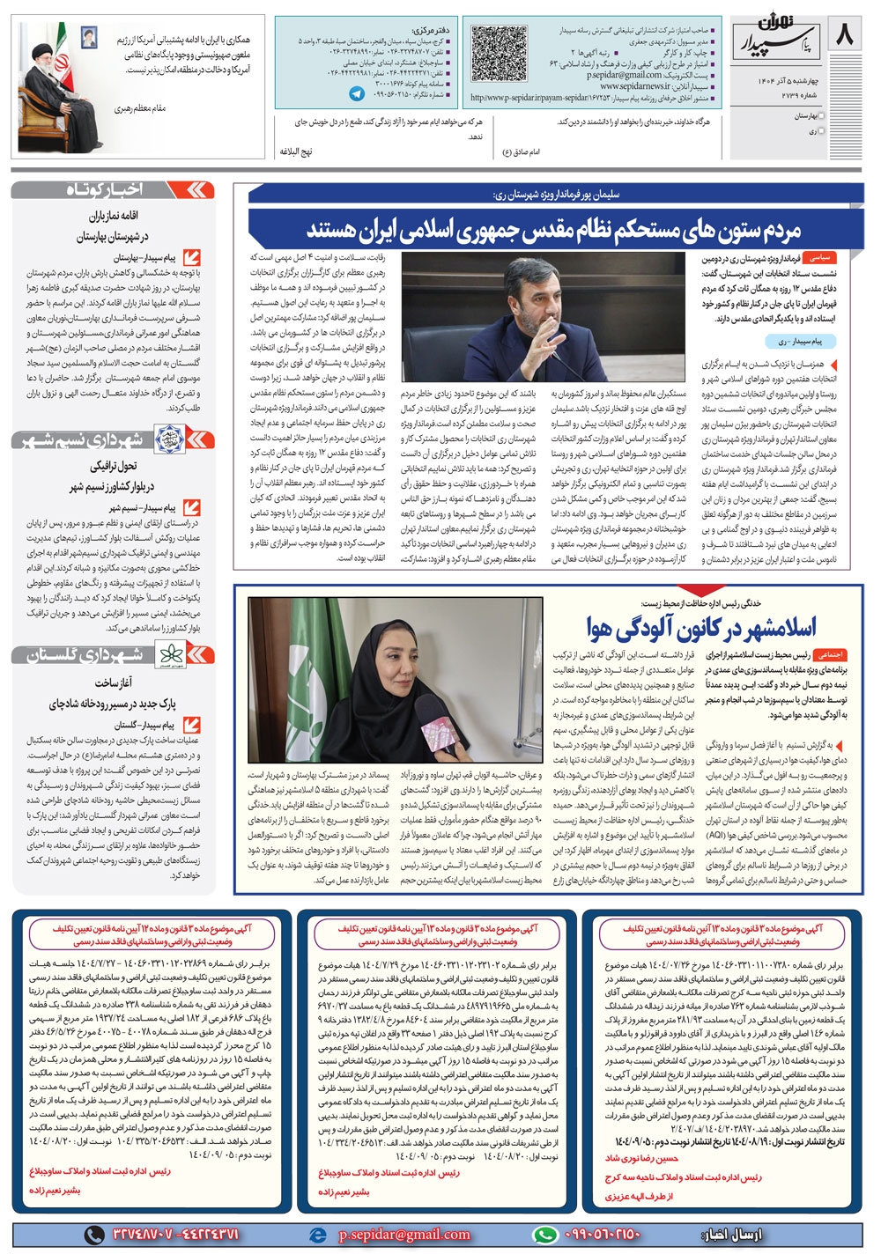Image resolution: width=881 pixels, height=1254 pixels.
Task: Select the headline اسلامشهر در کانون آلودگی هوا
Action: point(701,627)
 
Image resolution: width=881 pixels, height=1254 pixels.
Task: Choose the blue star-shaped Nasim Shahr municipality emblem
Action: point(167,438)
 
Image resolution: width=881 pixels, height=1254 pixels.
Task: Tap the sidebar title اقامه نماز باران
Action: point(114,215)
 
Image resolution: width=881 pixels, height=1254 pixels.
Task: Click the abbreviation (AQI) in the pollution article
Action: point(715,833)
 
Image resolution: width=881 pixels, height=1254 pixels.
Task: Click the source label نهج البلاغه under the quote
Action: point(295,151)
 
